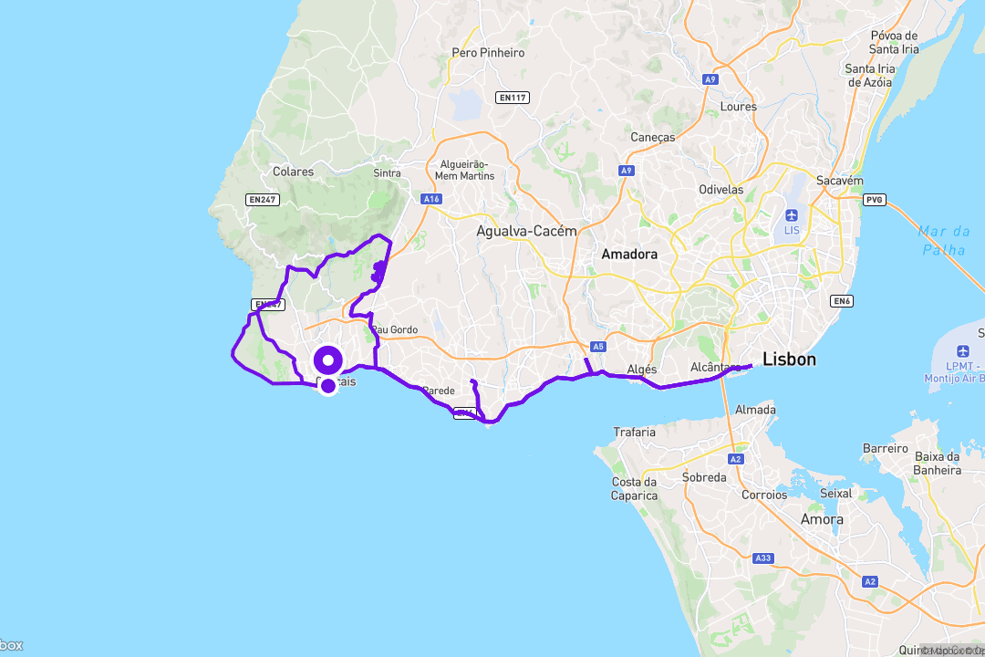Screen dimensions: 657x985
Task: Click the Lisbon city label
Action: (x=790, y=360)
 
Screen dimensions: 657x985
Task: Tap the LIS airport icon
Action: (x=791, y=215)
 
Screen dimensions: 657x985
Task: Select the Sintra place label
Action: (x=387, y=172)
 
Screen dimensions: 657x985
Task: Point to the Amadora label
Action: (x=629, y=255)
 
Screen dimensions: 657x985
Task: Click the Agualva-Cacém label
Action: (x=526, y=232)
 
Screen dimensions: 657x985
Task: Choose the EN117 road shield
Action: (x=513, y=98)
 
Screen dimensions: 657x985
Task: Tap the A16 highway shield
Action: (x=431, y=199)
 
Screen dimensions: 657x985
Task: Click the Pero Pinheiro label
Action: (x=489, y=53)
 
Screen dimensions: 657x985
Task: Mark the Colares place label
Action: (x=293, y=172)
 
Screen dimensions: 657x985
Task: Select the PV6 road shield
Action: (x=875, y=199)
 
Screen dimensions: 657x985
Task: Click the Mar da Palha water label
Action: (x=944, y=240)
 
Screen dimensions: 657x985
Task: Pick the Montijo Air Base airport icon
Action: (x=963, y=351)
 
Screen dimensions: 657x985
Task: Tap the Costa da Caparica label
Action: (x=634, y=488)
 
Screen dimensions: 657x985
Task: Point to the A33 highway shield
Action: (x=763, y=558)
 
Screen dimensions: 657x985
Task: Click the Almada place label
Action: (x=756, y=410)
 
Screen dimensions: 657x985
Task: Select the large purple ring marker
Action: (x=327, y=360)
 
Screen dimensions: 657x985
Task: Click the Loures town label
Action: (x=738, y=107)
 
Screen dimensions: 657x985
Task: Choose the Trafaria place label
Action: (x=634, y=432)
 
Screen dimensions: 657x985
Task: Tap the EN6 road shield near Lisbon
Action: (x=840, y=301)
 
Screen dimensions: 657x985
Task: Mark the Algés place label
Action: (x=642, y=370)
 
